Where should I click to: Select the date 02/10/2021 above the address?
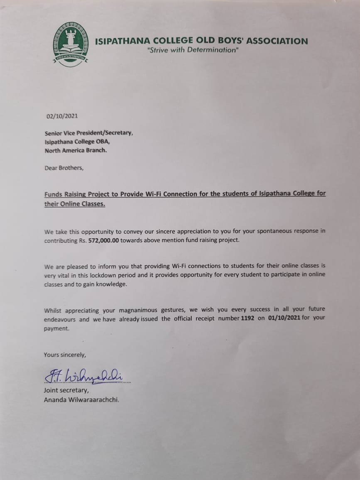coord(62,116)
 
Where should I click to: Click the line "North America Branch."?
coord(76,150)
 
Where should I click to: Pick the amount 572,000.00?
coord(103,241)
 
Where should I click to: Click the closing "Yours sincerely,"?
coord(65,355)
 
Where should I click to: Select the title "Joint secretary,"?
coord(66,390)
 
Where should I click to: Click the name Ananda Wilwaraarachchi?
coord(81,400)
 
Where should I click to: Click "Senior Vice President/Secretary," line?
coord(89,133)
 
